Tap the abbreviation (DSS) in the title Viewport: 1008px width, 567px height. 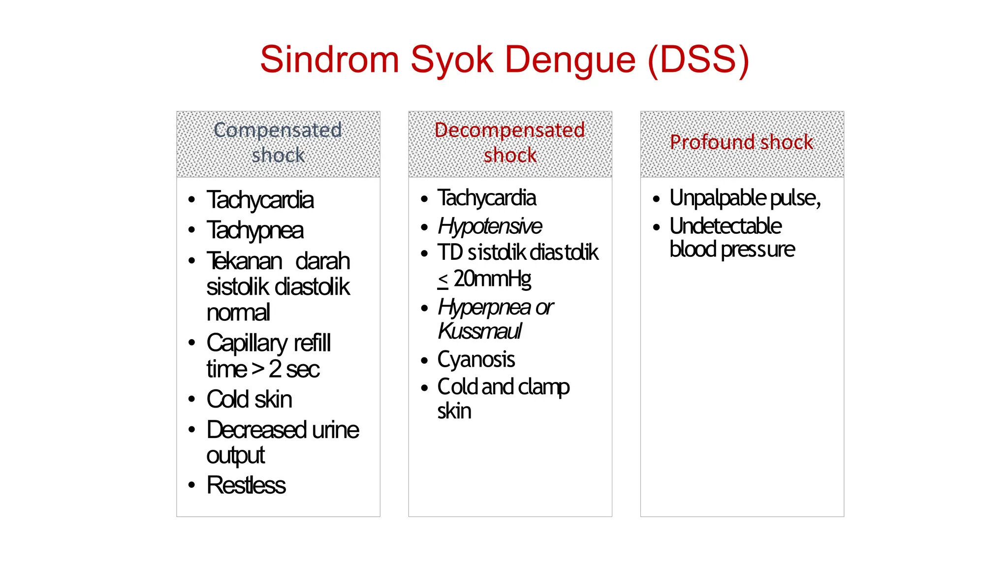coord(698,60)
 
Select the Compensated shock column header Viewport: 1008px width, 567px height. coord(278,143)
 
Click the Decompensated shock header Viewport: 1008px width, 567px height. coord(510,143)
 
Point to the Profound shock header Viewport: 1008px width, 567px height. coord(741,143)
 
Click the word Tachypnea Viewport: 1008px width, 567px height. coord(255,230)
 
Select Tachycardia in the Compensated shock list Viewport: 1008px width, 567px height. coord(260,200)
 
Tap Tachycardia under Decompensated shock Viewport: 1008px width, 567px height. coord(486,198)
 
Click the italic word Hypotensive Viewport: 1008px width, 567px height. coord(490,226)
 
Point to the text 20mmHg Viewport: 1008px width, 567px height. coord(492,279)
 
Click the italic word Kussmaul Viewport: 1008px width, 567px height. coord(479,331)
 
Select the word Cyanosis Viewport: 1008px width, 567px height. coord(476,359)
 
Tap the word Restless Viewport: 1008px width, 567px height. coord(246,485)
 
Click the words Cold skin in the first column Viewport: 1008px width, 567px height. coord(249,399)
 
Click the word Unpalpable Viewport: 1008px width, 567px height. coord(718,198)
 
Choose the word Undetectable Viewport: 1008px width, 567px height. coord(725,226)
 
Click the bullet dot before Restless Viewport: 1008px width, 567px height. coord(192,486)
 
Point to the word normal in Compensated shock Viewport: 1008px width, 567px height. coord(238,313)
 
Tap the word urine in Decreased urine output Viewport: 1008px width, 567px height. coord(335,430)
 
